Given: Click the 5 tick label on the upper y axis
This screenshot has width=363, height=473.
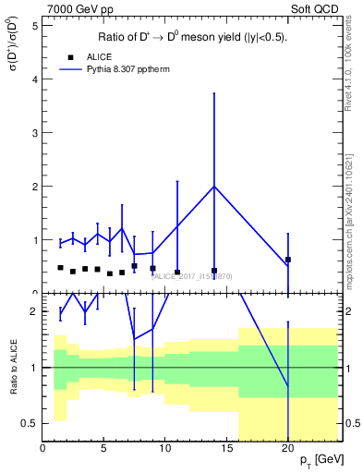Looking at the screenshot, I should [34, 26].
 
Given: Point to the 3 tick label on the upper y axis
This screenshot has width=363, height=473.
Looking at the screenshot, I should [34, 133].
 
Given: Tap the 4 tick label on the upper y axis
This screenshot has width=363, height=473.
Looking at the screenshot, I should [34, 79].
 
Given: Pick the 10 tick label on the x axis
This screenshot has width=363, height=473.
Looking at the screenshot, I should [165, 448].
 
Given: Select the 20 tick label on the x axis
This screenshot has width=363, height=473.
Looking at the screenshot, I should [288, 448].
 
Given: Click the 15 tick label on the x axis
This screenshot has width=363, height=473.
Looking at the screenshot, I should [226, 448].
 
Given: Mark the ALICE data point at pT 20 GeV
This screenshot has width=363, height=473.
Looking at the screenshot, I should [288, 260].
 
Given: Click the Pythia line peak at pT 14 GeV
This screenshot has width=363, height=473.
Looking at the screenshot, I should [214, 187].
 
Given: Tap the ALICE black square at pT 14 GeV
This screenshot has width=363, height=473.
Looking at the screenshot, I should [214, 271].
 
